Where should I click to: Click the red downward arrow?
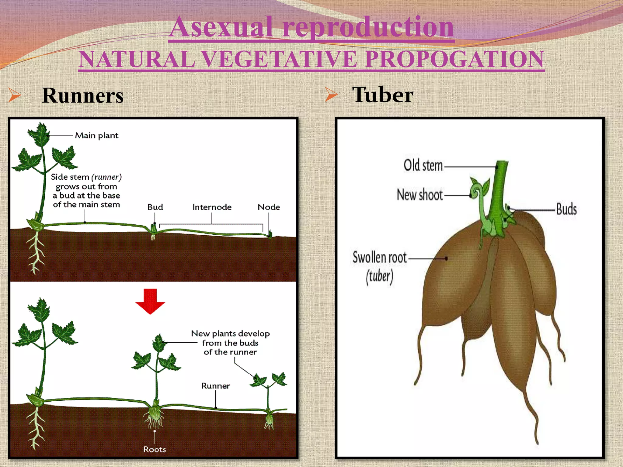pos(150,301)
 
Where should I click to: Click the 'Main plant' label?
pos(96,136)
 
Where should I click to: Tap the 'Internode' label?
pos(212,207)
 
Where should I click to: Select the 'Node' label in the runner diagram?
pos(269,207)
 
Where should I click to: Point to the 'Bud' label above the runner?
pos(155,207)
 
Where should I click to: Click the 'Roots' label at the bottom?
pos(155,449)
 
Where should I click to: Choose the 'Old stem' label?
pos(423,166)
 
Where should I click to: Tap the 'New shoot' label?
pos(420,195)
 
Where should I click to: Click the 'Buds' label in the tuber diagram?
pos(566,209)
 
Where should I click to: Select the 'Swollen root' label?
pos(380,258)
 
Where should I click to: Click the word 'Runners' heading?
pos(83,96)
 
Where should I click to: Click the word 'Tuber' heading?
pos(383,95)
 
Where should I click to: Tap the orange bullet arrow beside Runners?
pos(15,95)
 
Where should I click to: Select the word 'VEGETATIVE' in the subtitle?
pos(279,59)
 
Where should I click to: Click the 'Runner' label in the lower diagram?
pos(215,386)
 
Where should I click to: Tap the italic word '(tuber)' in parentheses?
pos(379,276)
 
